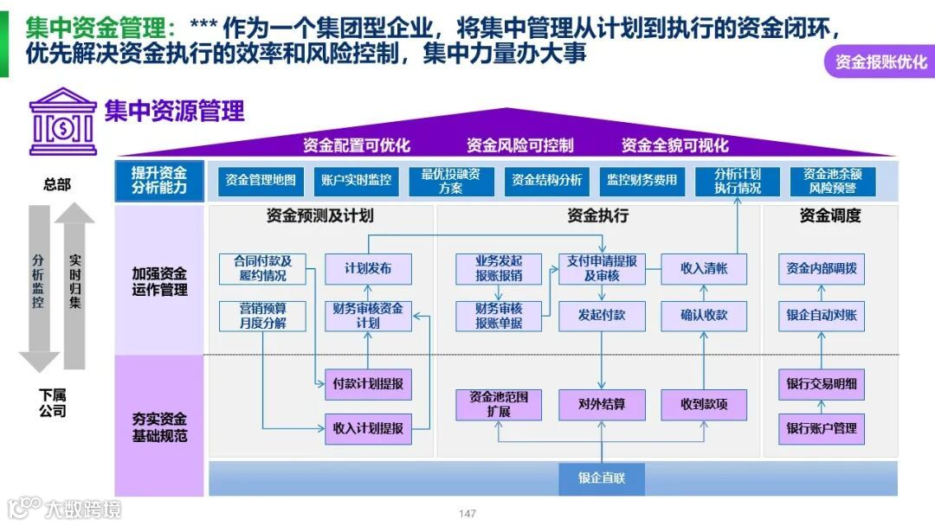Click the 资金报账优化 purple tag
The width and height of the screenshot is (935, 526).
coord(880,62)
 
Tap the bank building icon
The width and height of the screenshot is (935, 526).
coord(63,121)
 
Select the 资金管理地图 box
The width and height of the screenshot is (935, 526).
coord(261,181)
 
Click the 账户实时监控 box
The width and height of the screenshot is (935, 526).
coord(356,181)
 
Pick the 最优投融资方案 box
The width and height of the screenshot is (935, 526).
coord(451,181)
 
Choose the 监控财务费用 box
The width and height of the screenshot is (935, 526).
coord(642,181)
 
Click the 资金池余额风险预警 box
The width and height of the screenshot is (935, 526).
coord(833,181)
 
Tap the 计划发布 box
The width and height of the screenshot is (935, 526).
coord(368,269)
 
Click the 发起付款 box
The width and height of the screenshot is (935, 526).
coord(602,316)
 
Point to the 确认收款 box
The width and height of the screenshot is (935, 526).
coord(704,316)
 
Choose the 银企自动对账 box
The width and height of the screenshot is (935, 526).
coord(822,316)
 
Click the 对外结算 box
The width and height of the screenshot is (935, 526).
coord(602,404)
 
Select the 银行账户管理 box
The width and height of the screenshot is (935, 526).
coord(822,428)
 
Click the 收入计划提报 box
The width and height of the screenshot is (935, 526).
coord(368,428)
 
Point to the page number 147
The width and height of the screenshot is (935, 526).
coord(467,514)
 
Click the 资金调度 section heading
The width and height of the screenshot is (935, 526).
coord(829,216)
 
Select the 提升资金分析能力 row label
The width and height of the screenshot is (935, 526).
coord(159,181)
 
